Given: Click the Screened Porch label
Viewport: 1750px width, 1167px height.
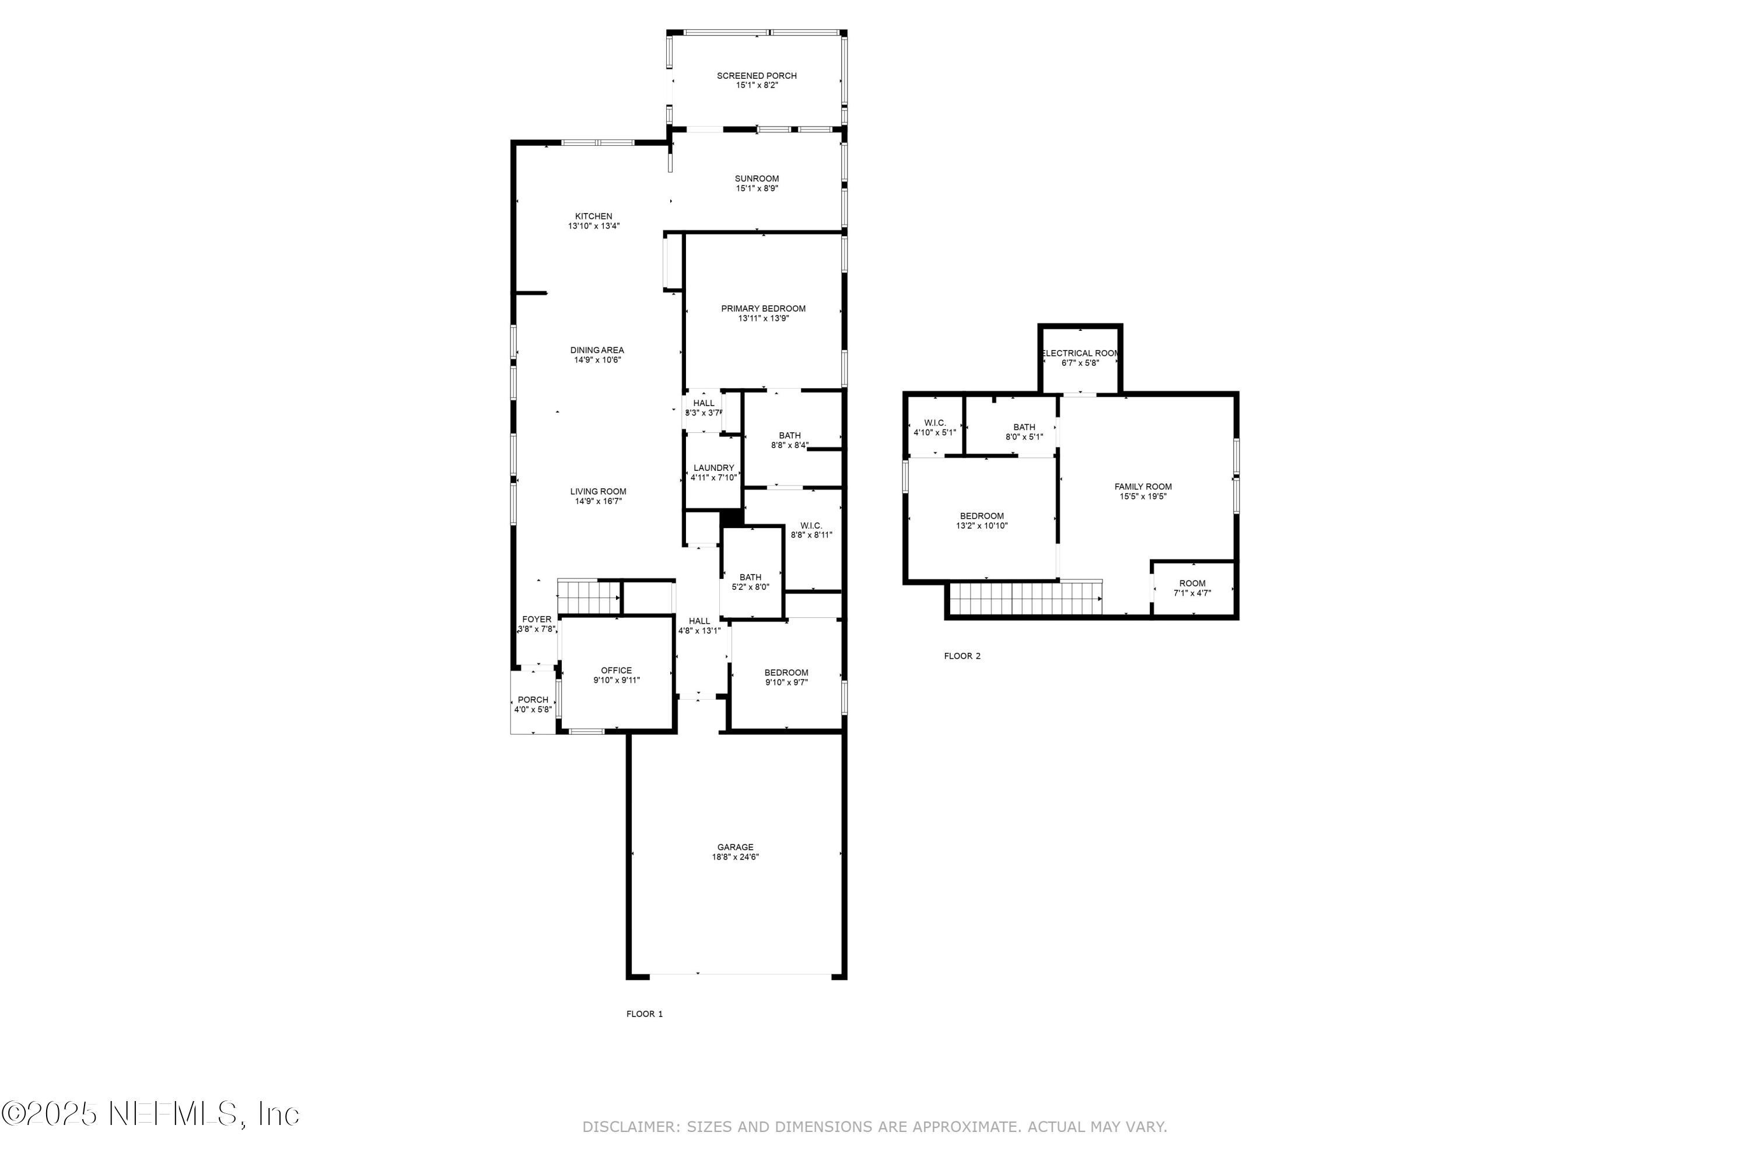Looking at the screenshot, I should tap(757, 76).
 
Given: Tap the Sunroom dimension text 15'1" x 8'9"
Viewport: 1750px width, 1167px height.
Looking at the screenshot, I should tap(757, 189).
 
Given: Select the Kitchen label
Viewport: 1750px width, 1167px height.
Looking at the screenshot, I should tap(593, 216).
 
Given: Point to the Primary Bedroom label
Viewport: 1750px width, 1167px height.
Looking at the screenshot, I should tap(762, 309).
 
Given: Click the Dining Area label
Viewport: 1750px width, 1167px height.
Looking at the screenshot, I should tap(597, 351).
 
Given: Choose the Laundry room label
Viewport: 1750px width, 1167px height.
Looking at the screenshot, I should tap(713, 468).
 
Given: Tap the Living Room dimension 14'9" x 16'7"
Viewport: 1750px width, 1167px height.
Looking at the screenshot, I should tap(598, 502).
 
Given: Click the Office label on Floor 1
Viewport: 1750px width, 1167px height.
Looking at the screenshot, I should tap(616, 670).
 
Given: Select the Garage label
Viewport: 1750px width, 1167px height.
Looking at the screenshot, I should tap(735, 847).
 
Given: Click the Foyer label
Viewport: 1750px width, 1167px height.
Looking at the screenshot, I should tap(537, 619).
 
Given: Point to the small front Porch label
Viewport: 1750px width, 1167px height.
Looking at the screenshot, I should tap(533, 700).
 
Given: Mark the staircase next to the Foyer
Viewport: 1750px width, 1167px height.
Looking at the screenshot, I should tap(589, 598).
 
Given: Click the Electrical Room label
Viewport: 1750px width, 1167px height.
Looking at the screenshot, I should tap(1080, 354).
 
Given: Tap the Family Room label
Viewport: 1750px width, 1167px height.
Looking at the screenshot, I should tap(1143, 487).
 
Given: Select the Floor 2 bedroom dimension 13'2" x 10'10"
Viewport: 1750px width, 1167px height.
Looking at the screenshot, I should tap(981, 526).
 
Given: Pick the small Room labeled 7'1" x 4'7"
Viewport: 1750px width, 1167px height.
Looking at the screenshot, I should tap(1192, 588).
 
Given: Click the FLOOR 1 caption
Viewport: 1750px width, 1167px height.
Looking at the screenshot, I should tap(645, 1014).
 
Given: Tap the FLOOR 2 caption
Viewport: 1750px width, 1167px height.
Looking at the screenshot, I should tap(962, 656).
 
